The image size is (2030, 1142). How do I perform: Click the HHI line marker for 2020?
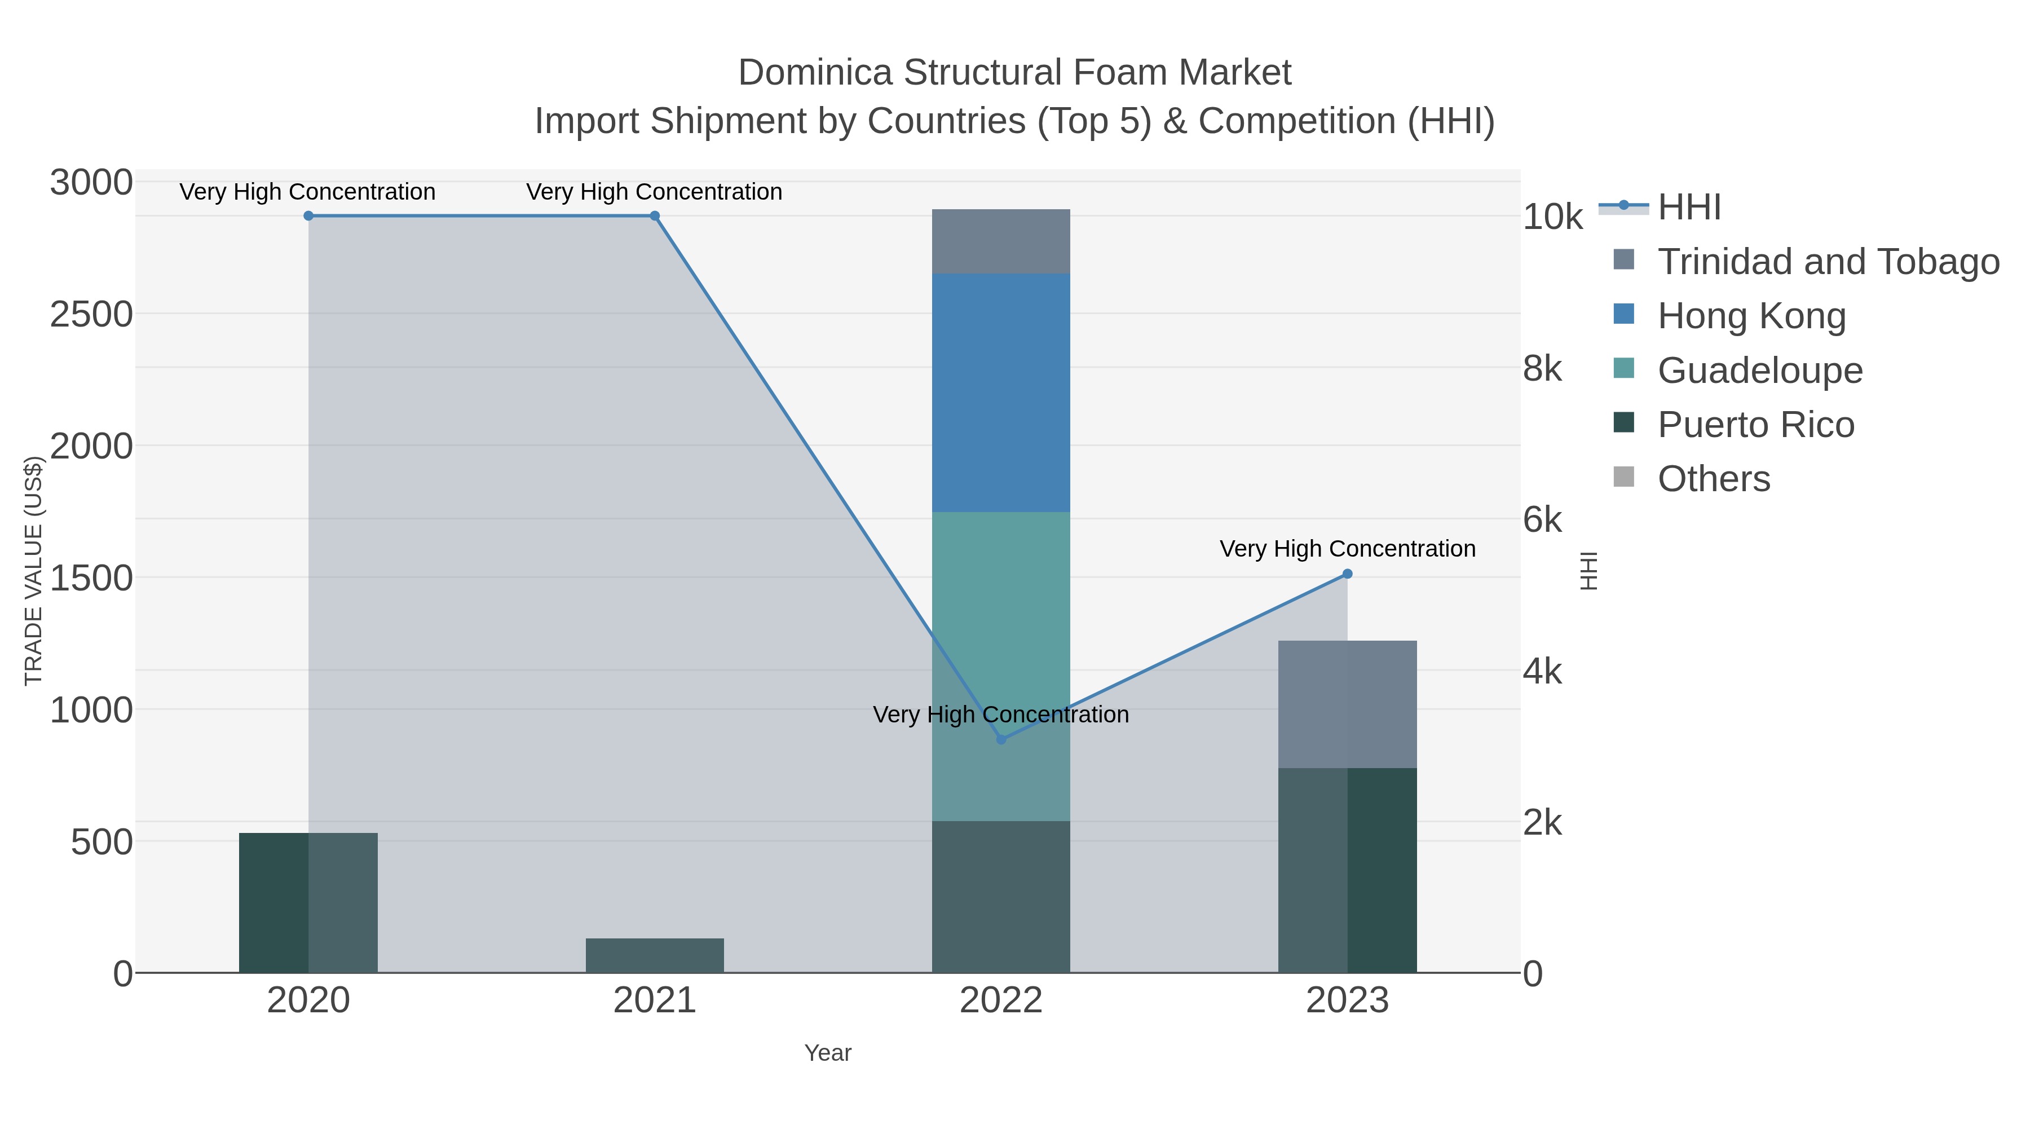point(308,215)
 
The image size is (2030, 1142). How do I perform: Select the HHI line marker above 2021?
point(654,215)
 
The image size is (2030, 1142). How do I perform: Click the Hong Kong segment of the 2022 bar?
point(1001,393)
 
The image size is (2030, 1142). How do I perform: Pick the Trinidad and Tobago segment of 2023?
point(1347,704)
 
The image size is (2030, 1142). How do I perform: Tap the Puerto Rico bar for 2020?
point(308,902)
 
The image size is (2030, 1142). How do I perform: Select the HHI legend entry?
point(1689,208)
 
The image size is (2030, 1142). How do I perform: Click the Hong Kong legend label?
point(1751,315)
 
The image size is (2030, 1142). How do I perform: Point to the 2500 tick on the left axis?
point(91,315)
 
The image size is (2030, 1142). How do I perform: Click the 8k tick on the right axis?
point(1542,368)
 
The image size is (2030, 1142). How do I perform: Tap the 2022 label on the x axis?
point(1001,1000)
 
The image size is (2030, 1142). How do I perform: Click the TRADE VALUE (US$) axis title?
point(33,570)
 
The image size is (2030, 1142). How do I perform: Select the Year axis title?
point(827,1052)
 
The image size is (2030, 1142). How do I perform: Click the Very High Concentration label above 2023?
point(1347,549)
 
